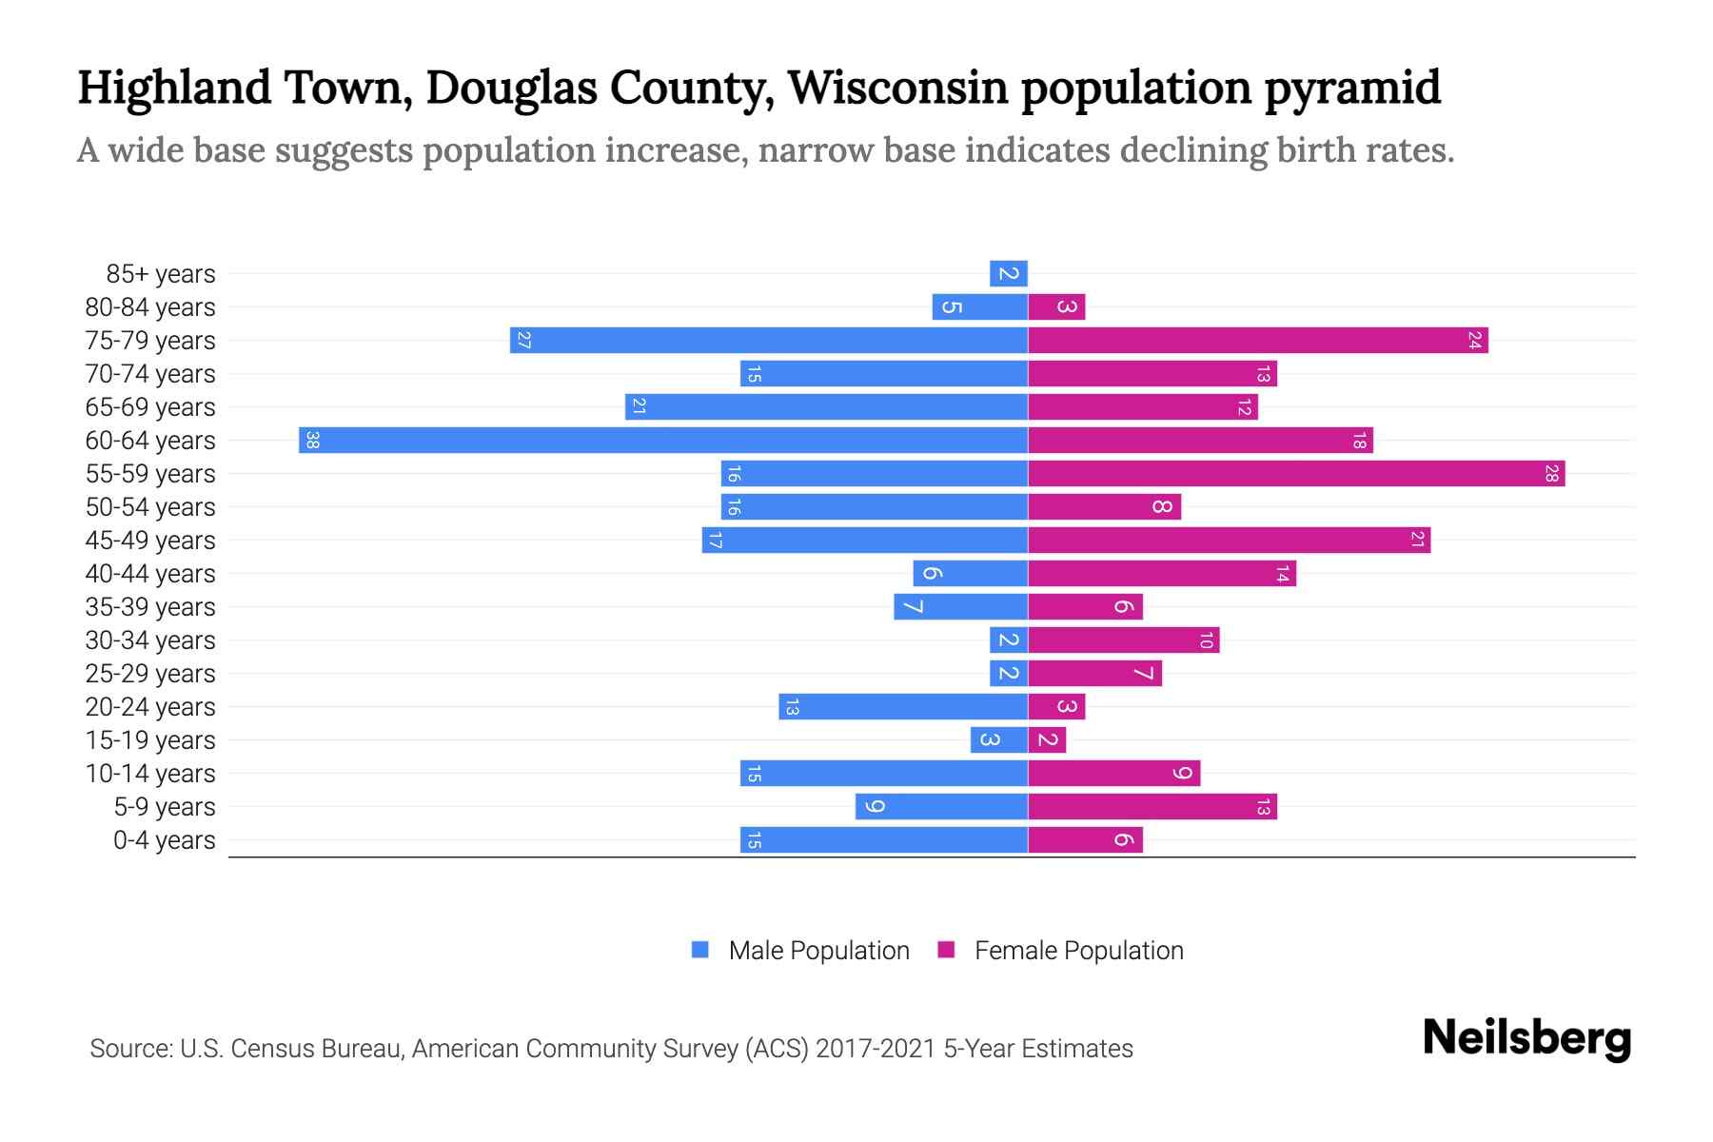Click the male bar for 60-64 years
[x=663, y=441]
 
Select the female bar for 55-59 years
[x=1296, y=474]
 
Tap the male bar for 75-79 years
[x=769, y=341]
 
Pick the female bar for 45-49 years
[x=1229, y=541]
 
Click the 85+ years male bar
[x=1009, y=274]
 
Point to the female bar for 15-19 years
[x=1047, y=740]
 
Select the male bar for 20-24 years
[x=903, y=707]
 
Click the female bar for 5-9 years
[x=1152, y=807]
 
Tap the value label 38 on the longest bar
[x=312, y=441]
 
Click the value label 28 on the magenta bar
[x=1551, y=474]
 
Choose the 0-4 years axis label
[x=164, y=840]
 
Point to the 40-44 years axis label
[x=150, y=574]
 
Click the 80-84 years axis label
[x=150, y=307]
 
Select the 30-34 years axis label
[x=150, y=640]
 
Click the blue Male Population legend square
[x=700, y=950]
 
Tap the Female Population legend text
[x=1078, y=951]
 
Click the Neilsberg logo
[x=1526, y=1038]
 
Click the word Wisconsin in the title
[x=898, y=88]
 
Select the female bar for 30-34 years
[x=1123, y=640]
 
